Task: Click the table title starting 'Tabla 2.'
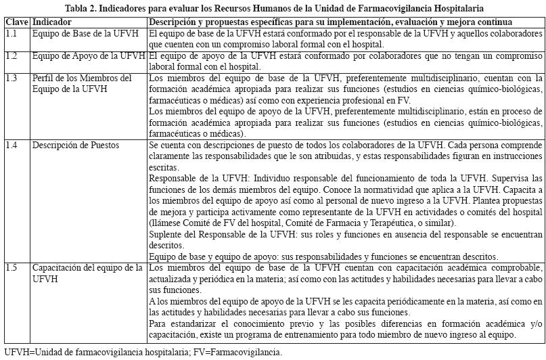point(273,8)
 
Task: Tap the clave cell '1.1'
point(12,32)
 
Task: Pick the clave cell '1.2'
point(12,56)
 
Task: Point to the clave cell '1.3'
point(12,78)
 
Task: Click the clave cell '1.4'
point(12,145)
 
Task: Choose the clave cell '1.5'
point(12,268)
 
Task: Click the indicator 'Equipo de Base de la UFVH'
point(87,32)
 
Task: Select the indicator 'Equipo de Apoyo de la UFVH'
point(89,56)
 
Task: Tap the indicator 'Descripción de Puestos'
point(78,145)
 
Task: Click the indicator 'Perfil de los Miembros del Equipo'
point(82,84)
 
